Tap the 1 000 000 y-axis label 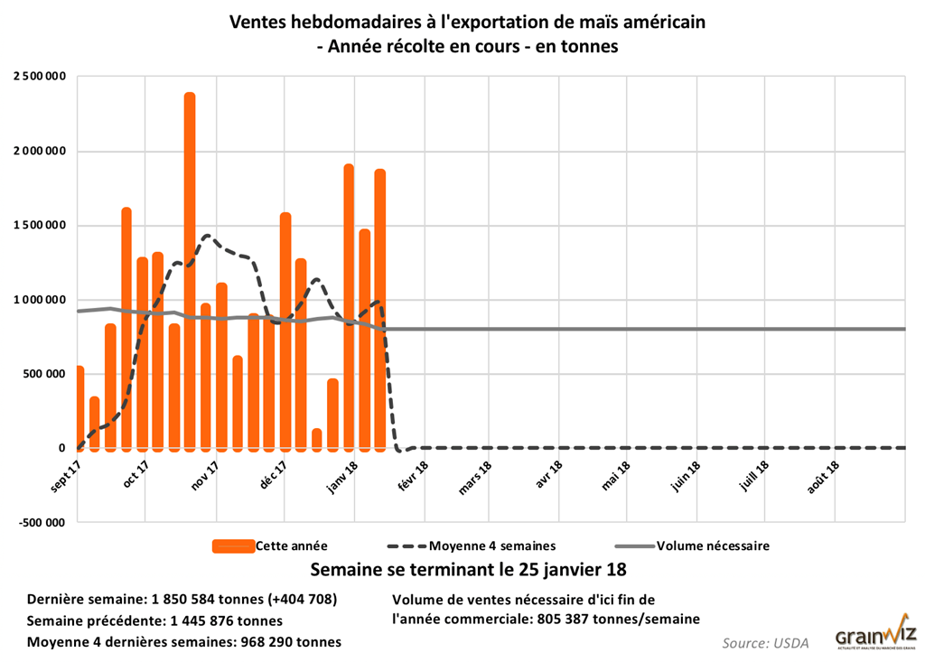pyautogui.click(x=40, y=300)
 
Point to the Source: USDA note pyautogui.click(x=765, y=643)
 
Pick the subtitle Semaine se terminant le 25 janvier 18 pyautogui.click(x=467, y=571)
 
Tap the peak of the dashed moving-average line pyautogui.click(x=208, y=237)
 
